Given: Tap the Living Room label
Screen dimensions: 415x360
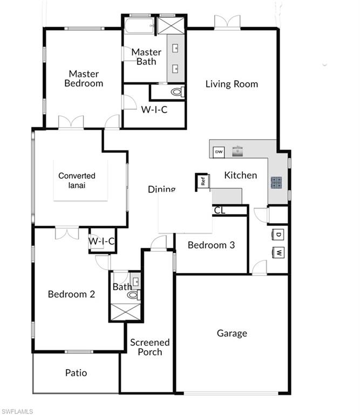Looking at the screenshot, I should pyautogui.click(x=232, y=84).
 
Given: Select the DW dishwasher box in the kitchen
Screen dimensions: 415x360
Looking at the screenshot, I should pyautogui.click(x=219, y=152).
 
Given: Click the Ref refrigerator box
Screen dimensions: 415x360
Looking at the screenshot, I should pyautogui.click(x=203, y=182).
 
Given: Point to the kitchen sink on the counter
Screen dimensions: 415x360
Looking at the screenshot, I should pyautogui.click(x=237, y=151).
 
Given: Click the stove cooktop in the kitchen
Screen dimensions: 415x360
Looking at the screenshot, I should pyautogui.click(x=277, y=183).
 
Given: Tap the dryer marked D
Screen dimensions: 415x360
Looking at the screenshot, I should pyautogui.click(x=279, y=235).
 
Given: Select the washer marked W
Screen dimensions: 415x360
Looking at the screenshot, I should pyautogui.click(x=279, y=252).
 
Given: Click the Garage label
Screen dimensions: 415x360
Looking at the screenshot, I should pyautogui.click(x=232, y=333).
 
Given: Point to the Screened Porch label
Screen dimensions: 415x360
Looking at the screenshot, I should pyautogui.click(x=150, y=347).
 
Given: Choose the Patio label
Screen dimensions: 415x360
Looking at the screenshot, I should pyautogui.click(x=76, y=372).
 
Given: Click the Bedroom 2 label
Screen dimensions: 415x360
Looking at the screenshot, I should pyautogui.click(x=71, y=294).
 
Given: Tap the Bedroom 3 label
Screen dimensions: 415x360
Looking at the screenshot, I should pyautogui.click(x=211, y=245).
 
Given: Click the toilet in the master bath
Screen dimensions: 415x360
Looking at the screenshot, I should pyautogui.click(x=176, y=92).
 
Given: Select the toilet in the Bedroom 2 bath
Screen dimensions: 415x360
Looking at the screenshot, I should pyautogui.click(x=133, y=295).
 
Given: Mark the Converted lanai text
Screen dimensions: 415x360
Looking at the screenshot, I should pyautogui.click(x=77, y=180).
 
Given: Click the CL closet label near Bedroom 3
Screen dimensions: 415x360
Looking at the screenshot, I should pyautogui.click(x=219, y=210).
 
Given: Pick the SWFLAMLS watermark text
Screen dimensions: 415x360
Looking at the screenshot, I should pyautogui.click(x=17, y=411).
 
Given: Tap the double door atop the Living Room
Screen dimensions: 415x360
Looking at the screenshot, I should pyautogui.click(x=227, y=22).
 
